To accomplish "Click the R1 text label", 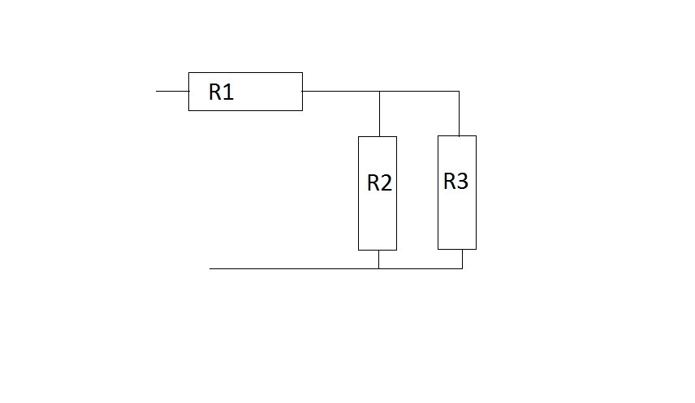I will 221,92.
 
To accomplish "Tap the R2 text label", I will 379,183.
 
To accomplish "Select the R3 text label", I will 455,182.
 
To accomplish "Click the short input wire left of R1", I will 172,91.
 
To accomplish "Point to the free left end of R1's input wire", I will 157,91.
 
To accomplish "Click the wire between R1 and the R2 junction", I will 341,92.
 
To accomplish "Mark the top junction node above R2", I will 379,92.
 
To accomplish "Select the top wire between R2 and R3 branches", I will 419,92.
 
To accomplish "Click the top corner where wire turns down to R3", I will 459,92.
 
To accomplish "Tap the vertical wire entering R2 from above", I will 379,114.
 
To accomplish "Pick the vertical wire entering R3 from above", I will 459,114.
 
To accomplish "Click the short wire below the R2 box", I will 379,259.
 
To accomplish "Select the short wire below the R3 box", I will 462,259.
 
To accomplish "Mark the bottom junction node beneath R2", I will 379,268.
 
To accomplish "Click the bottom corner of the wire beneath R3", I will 462,268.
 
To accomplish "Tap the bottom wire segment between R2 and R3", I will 421,268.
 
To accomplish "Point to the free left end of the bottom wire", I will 210,268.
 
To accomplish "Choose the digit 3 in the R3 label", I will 463,182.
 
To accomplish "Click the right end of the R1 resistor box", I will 302,92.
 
